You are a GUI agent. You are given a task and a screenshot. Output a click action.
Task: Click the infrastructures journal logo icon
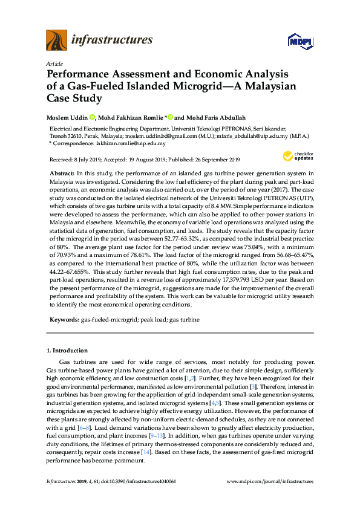coord(56,41)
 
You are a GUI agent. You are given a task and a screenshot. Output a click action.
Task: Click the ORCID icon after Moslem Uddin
coord(93,117)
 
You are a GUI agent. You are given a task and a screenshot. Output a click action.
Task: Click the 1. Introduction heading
coord(67,351)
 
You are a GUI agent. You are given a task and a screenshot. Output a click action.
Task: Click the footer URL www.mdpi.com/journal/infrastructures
coord(270,482)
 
